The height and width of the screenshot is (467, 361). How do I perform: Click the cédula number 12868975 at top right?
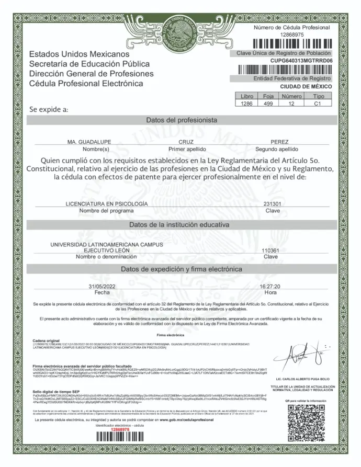click(292, 34)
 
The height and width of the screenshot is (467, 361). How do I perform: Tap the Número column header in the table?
click(292, 97)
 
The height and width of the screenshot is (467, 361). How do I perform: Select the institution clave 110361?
click(270, 250)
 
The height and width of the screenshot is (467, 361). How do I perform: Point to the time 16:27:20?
click(270, 287)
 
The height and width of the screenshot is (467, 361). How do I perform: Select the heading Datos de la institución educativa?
click(180, 225)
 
